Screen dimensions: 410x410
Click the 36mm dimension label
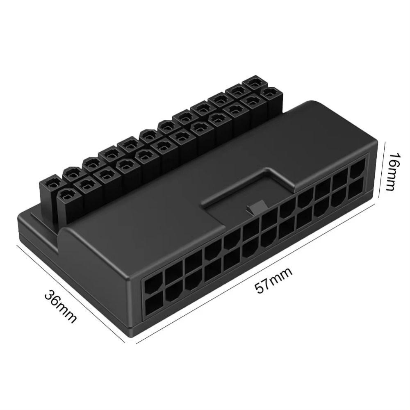coord(61,306)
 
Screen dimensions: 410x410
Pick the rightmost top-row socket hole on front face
coord(356,167)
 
